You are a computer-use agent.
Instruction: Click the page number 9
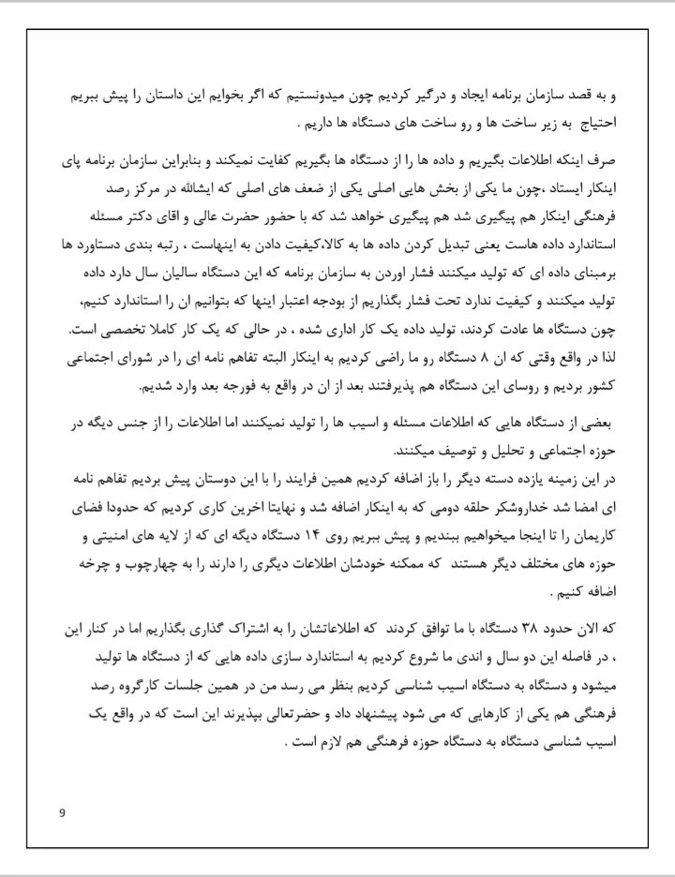click(61, 812)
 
